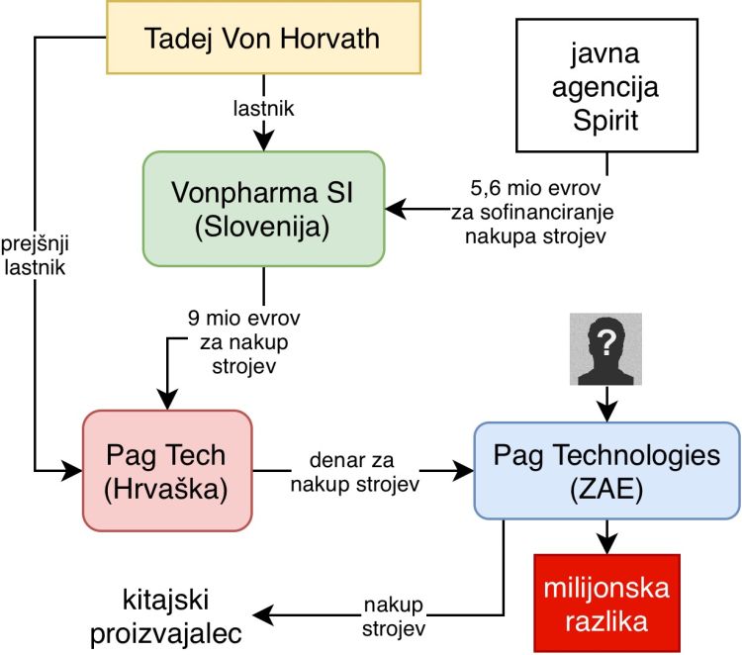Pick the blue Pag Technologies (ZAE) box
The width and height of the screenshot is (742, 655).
coord(606,470)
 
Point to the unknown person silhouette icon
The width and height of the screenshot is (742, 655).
coord(604,349)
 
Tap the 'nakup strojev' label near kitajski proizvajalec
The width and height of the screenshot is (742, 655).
coord(393,616)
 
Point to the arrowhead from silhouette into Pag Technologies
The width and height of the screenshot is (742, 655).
coord(604,414)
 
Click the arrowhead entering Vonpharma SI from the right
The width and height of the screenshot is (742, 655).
coord(394,208)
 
